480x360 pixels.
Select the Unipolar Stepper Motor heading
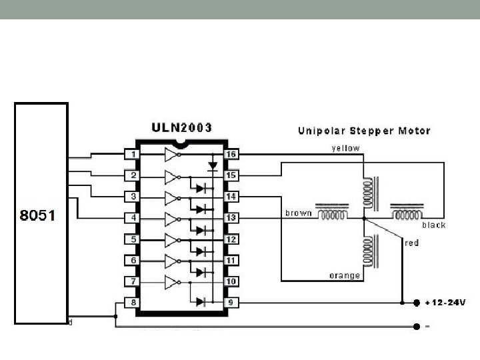[x=363, y=131]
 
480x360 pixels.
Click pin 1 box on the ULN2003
[x=133, y=155]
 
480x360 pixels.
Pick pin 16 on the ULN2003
[x=231, y=155]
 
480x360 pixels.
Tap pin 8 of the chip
[x=133, y=302]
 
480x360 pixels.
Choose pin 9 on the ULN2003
[x=231, y=302]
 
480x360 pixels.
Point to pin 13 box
[x=231, y=218]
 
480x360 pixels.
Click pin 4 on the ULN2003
[x=133, y=218]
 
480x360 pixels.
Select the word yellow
[x=346, y=148]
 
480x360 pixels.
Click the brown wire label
[x=298, y=213]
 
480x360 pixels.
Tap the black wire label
[x=433, y=225]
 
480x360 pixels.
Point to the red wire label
[x=412, y=243]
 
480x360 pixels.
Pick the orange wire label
[x=345, y=275]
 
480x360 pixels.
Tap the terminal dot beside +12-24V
[x=417, y=302]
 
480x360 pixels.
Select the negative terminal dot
[x=417, y=327]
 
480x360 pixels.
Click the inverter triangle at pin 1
[x=171, y=155]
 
